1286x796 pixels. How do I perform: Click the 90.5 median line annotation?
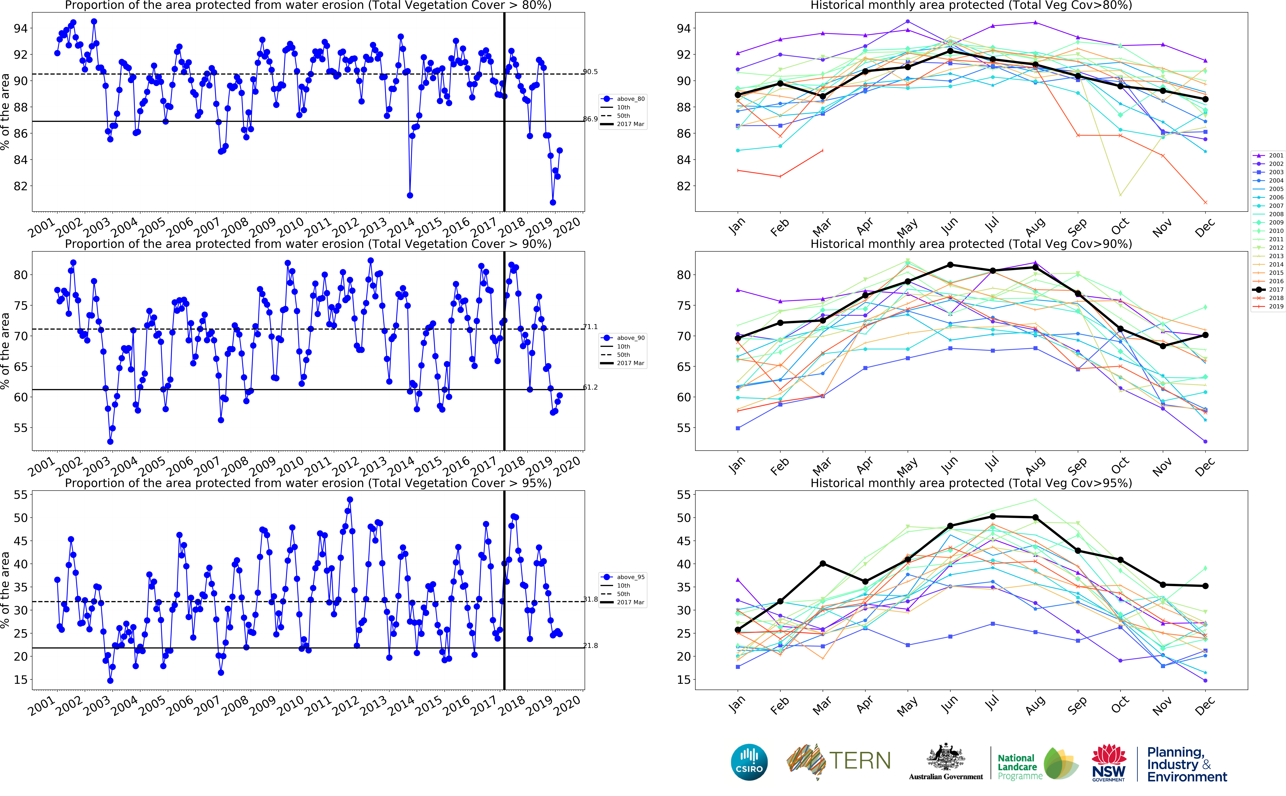[590, 72]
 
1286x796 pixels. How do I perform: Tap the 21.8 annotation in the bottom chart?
[590, 645]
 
